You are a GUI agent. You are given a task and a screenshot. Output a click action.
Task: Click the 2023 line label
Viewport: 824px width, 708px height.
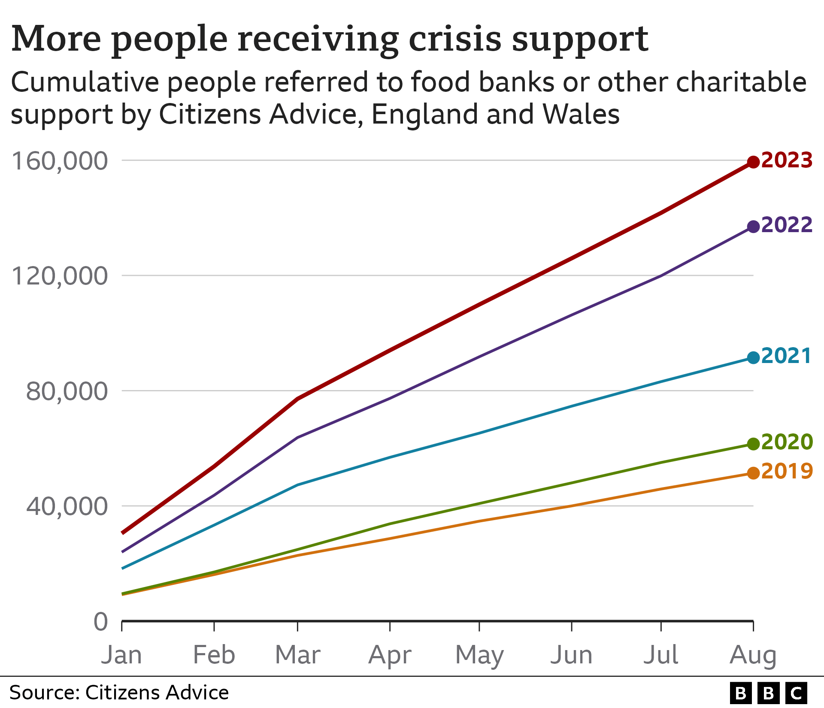(787, 160)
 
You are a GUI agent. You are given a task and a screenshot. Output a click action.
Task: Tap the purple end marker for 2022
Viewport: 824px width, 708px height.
(753, 227)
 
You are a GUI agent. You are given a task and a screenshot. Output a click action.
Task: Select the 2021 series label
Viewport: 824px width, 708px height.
(786, 356)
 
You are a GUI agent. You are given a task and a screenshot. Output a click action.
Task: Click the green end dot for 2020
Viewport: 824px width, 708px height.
(753, 444)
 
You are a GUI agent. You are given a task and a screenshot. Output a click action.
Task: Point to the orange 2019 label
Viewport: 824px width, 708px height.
(787, 471)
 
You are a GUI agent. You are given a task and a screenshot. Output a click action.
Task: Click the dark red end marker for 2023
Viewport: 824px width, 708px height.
(753, 162)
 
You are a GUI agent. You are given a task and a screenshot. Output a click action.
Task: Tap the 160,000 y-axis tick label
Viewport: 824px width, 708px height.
(59, 161)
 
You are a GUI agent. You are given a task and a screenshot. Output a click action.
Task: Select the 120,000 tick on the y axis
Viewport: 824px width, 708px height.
(59, 276)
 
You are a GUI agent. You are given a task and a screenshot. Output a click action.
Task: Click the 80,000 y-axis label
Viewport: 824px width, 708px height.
(67, 391)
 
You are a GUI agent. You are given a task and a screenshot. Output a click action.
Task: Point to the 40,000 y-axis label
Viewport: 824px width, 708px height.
(67, 506)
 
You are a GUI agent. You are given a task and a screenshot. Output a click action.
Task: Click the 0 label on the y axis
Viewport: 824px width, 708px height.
(101, 622)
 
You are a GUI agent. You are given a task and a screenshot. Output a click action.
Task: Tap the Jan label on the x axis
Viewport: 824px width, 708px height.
(121, 655)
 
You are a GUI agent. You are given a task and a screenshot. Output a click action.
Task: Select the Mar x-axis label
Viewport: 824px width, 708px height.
(297, 655)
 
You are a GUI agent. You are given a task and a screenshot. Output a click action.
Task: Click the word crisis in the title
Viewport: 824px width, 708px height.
(455, 39)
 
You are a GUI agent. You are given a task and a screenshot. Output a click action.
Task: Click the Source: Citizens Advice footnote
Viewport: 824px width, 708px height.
(119, 693)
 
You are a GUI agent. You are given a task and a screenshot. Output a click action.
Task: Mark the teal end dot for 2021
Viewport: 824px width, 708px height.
(753, 357)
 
